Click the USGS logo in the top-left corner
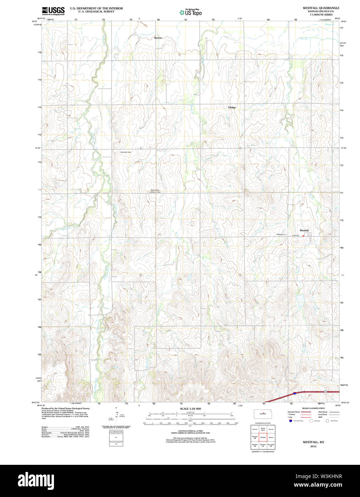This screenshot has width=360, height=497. [x=53, y=10]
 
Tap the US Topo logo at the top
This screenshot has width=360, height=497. [x=191, y=13]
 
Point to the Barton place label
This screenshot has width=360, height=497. [x=158, y=38]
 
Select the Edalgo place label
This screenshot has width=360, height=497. [x=232, y=107]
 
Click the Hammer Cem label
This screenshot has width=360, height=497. [x=126, y=152]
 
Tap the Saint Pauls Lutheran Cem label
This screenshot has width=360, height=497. [x=157, y=191]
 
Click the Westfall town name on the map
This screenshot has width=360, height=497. [x=304, y=230]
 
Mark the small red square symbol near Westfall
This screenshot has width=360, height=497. [x=304, y=236]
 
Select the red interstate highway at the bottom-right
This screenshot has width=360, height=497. [x=315, y=392]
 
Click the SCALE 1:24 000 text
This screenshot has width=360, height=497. [x=190, y=409]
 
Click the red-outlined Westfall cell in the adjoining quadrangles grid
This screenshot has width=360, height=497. [x=263, y=437]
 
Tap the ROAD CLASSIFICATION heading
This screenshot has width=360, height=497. [x=313, y=408]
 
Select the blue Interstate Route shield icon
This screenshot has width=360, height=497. [x=291, y=420]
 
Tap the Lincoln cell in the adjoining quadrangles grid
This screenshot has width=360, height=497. [x=255, y=429]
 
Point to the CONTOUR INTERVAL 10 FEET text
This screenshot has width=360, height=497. [x=190, y=431]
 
